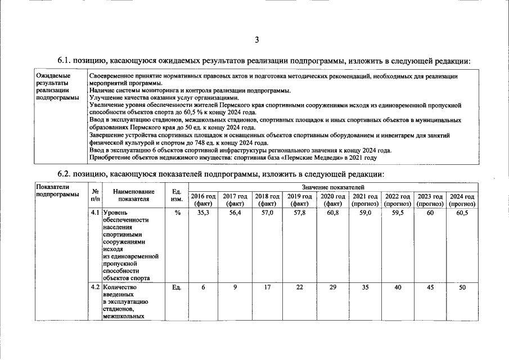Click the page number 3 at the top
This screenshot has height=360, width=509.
[256, 39]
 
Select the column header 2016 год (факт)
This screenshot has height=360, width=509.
[204, 200]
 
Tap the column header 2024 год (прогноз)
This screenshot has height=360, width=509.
[462, 200]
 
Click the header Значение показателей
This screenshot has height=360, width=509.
[333, 186]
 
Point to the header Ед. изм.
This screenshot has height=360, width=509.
[176, 196]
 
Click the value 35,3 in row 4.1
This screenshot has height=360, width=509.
[204, 213]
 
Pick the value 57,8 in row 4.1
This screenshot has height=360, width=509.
[300, 213]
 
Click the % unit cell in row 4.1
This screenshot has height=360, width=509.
[176, 213]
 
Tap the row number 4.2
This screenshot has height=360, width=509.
[95, 287]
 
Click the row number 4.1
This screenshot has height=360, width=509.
[95, 213]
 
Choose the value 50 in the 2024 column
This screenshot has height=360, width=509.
[462, 287]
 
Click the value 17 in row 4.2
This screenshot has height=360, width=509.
[268, 287]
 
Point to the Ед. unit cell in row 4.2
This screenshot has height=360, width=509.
[176, 287]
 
